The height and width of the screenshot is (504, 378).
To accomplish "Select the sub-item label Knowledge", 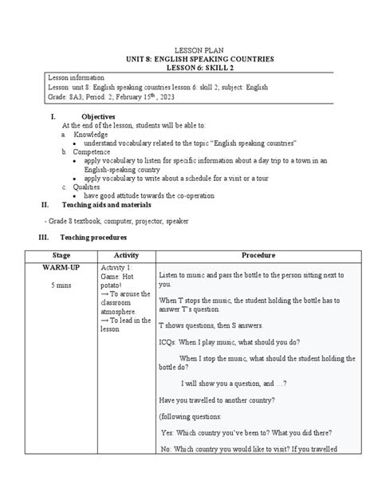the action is tap(89, 134).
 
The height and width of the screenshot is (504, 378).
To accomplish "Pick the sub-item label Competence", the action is tap(92, 151).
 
